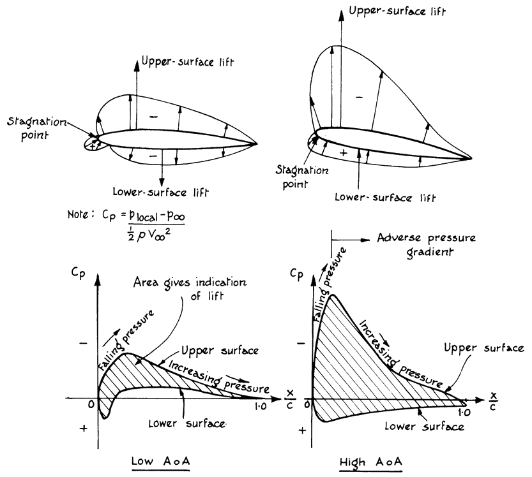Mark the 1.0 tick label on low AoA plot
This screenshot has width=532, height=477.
(x=260, y=406)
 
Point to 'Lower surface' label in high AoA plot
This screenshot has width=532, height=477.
(x=431, y=427)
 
